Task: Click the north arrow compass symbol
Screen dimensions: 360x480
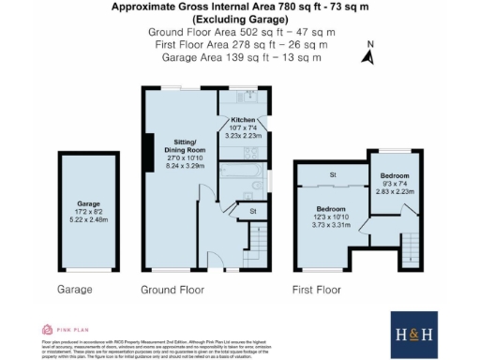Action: (x=370, y=55)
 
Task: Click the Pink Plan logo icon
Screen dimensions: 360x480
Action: (x=48, y=329)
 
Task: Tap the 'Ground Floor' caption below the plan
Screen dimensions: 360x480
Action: (x=172, y=291)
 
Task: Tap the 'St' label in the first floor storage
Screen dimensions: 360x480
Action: (x=332, y=175)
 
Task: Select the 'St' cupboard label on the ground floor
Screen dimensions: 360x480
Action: (x=252, y=212)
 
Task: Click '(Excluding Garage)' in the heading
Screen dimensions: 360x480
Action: (x=239, y=19)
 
